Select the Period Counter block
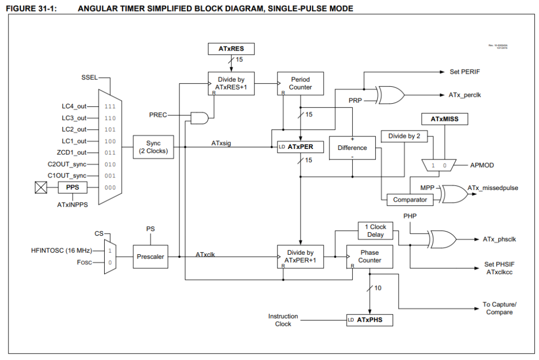click(x=301, y=83)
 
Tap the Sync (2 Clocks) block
click(x=153, y=147)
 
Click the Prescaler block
click(x=150, y=257)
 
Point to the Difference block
click(x=352, y=148)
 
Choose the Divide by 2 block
click(x=404, y=136)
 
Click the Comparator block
click(x=410, y=200)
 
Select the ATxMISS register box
click(x=444, y=119)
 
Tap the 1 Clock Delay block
click(x=375, y=231)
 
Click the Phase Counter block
click(x=370, y=256)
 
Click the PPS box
click(x=73, y=187)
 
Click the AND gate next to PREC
click(x=199, y=118)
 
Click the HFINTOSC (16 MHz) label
click(x=62, y=251)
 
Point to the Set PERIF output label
click(x=464, y=71)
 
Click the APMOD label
click(x=482, y=165)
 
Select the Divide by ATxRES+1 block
click(x=231, y=83)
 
